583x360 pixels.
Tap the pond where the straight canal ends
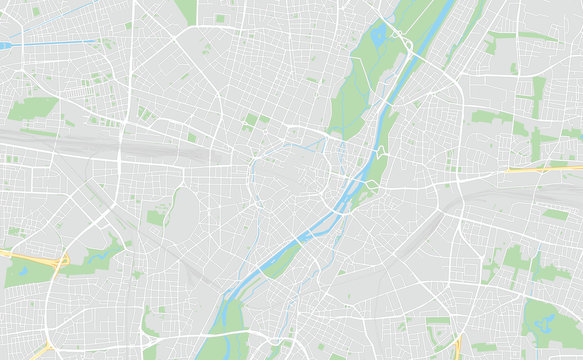coord(5,46)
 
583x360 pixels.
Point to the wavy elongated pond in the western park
coord(98,257)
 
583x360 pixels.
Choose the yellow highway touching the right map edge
coord(545,169)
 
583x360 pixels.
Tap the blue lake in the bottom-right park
coord(546,323)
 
